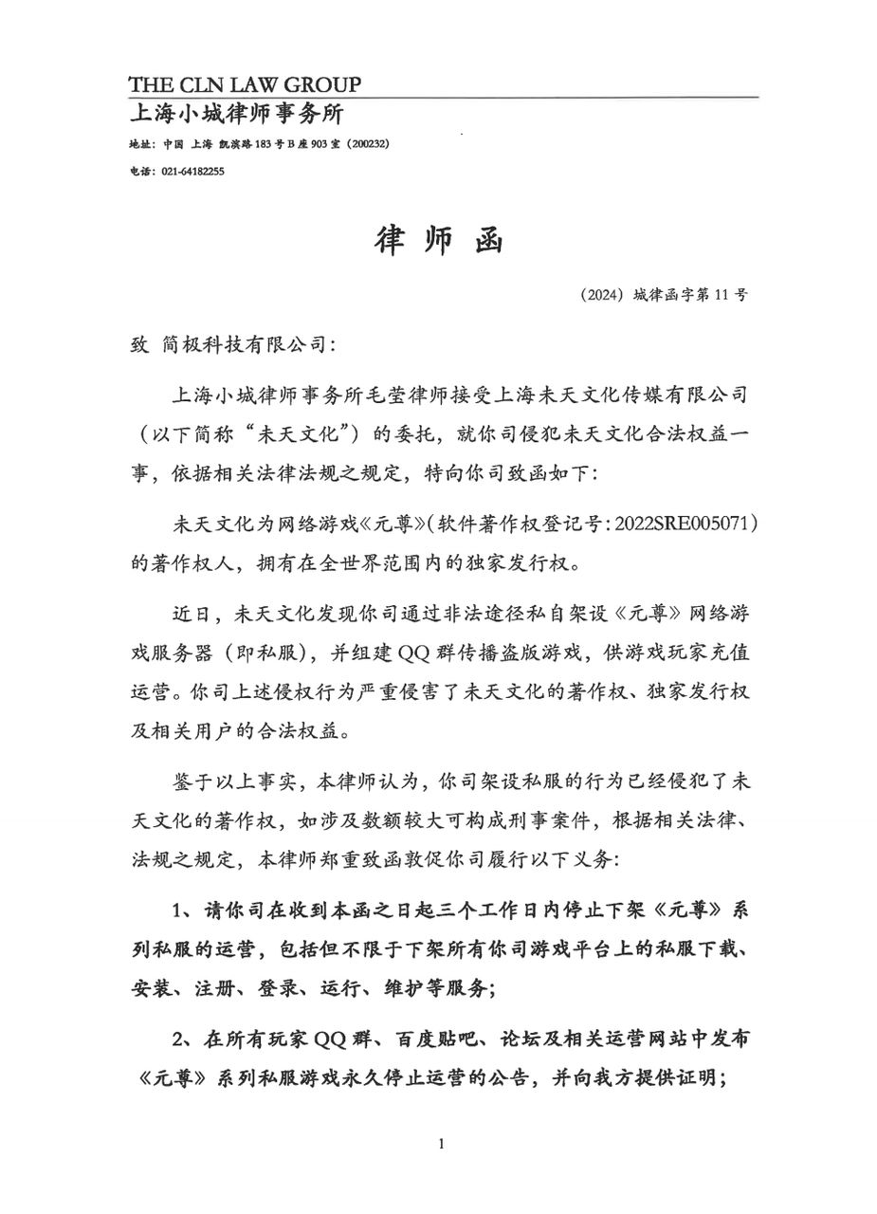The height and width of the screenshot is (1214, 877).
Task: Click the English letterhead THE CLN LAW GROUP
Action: point(245,84)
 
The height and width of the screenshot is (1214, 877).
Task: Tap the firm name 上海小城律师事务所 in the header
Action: point(236,115)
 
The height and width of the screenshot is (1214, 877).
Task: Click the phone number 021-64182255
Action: point(193,172)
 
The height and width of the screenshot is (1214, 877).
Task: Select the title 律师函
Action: point(438,241)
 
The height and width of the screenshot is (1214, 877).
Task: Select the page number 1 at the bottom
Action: point(441,1144)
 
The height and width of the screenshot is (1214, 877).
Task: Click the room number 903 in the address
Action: point(311,144)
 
